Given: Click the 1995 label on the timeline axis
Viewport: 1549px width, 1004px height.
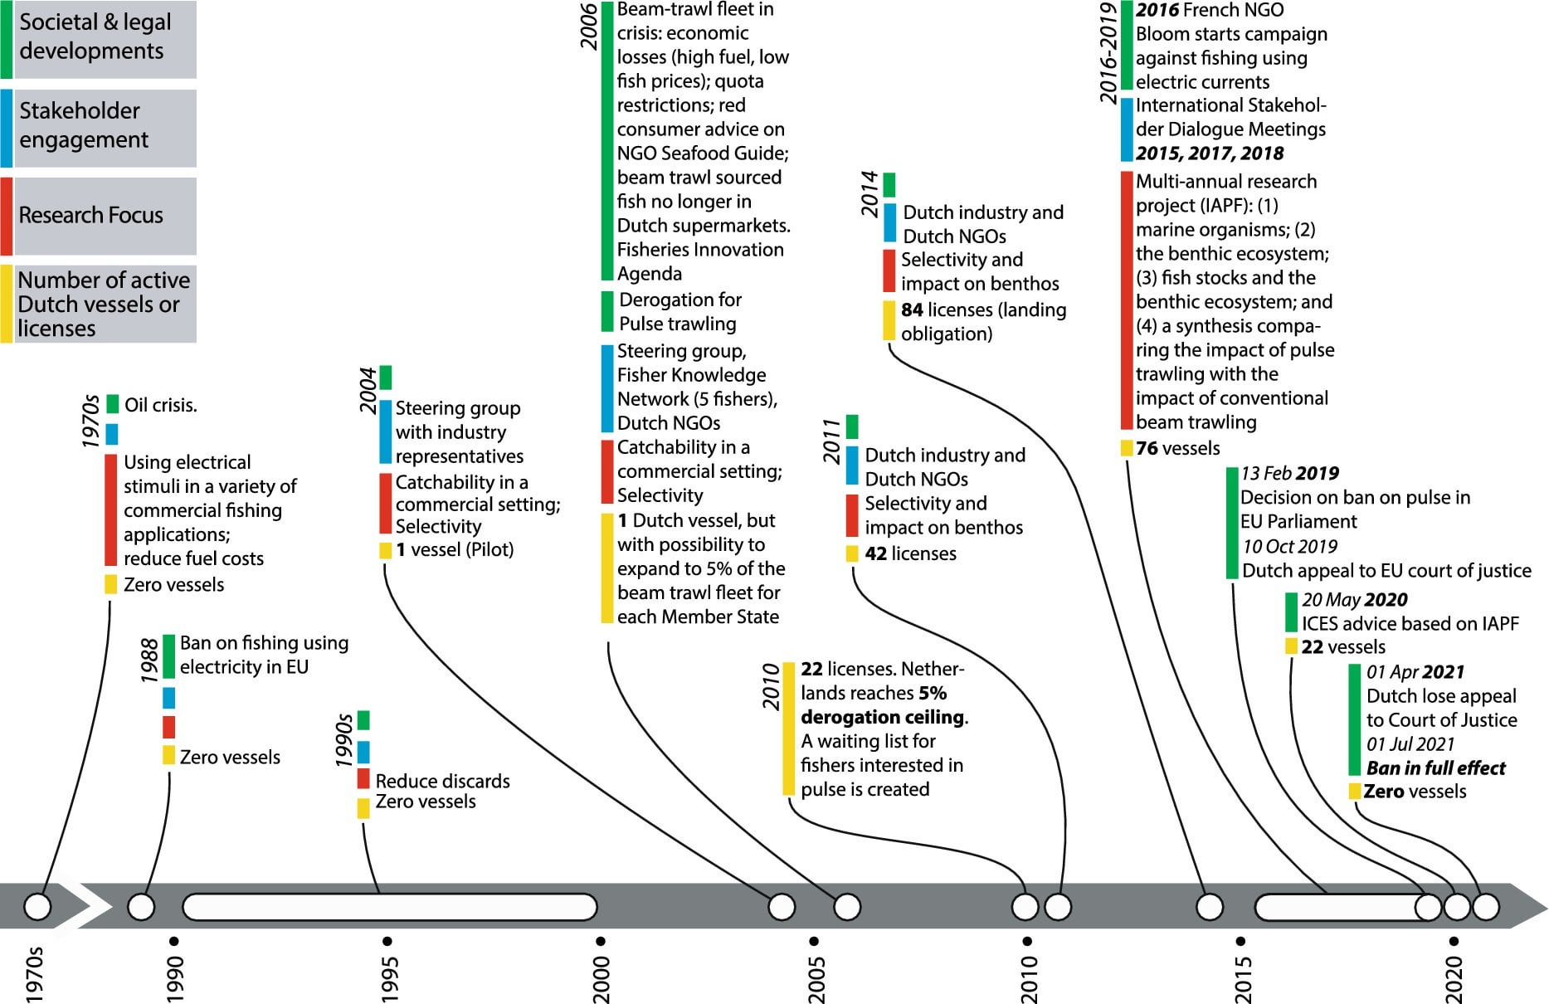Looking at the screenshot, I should coord(388,979).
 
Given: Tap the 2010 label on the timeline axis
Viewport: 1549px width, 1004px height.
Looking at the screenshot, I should coord(1029,979).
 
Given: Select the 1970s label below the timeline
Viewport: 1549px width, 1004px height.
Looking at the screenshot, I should coord(34,974).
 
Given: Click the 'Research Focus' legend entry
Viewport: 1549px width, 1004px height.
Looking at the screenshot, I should coord(91,216).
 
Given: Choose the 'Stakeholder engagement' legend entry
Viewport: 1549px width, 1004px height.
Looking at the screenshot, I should coord(83,125).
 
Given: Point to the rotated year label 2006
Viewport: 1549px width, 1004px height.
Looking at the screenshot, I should coord(588,27).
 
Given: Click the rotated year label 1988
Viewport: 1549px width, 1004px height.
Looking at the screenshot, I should coord(149,660).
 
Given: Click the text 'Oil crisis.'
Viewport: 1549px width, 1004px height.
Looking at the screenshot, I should coord(161,406).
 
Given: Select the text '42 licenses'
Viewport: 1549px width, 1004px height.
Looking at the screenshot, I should coord(910,553).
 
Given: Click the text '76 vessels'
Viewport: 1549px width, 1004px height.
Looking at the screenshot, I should coord(1177,448).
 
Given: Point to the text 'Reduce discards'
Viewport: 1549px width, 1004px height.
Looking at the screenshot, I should coord(442,781).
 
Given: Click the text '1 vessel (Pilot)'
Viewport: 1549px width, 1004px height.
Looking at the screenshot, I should coord(454,549).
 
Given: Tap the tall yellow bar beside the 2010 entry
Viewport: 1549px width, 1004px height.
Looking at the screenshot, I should coord(788,728).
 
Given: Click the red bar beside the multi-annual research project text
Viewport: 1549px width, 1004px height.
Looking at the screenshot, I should coord(1126,300).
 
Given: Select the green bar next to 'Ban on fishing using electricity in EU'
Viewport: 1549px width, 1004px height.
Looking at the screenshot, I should coord(168,656).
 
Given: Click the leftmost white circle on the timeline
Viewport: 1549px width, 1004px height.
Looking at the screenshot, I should coord(37,907).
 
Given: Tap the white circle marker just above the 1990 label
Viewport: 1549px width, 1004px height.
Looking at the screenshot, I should coord(141,907).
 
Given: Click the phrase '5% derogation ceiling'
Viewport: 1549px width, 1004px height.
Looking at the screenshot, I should coord(883,705).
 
